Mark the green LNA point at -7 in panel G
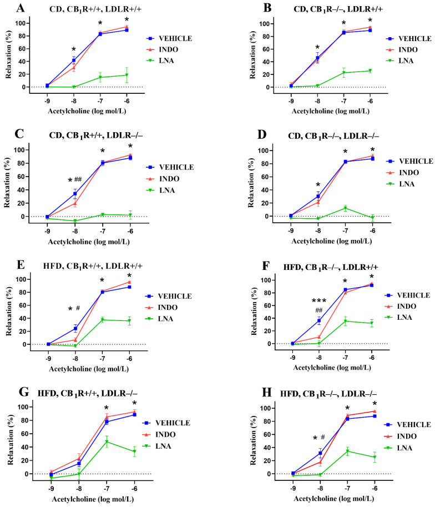[106, 441]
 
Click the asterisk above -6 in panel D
[372, 150]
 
